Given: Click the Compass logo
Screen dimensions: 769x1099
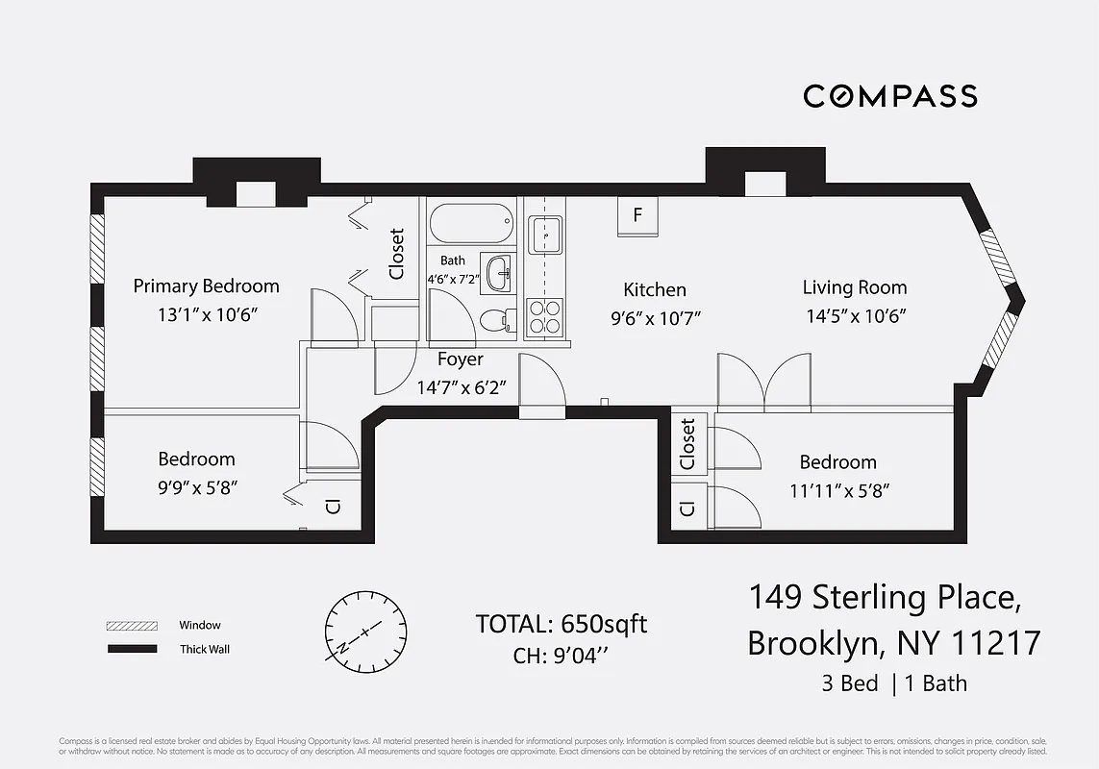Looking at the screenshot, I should pos(889,96).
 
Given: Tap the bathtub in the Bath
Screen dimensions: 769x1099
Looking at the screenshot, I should pos(471,223).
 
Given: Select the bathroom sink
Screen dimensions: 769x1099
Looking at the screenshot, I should pos(498,274).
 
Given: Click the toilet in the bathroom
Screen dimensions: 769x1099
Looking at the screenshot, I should pos(494,319).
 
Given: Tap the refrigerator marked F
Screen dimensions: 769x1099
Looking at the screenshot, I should pos(637,216).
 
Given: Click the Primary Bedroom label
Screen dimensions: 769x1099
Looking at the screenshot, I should pos(206,285).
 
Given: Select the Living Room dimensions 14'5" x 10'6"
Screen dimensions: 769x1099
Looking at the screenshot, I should pos(855,314).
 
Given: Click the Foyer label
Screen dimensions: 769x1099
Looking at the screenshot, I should pos(461,360).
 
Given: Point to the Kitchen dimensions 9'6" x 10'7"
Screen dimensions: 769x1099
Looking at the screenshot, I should pos(655,316).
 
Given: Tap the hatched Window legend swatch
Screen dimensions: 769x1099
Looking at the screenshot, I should pos(131,626).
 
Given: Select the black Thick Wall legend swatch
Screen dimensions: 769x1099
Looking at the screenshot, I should pos(131,650).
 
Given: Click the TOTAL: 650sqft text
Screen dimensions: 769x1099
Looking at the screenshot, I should pos(562,624).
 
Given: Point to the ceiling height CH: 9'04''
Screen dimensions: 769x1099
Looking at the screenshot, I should pos(562,657).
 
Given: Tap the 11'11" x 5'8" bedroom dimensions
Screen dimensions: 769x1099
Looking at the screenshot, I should pos(837,490).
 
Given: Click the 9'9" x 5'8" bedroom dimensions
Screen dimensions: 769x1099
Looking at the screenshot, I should pos(197,487).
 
